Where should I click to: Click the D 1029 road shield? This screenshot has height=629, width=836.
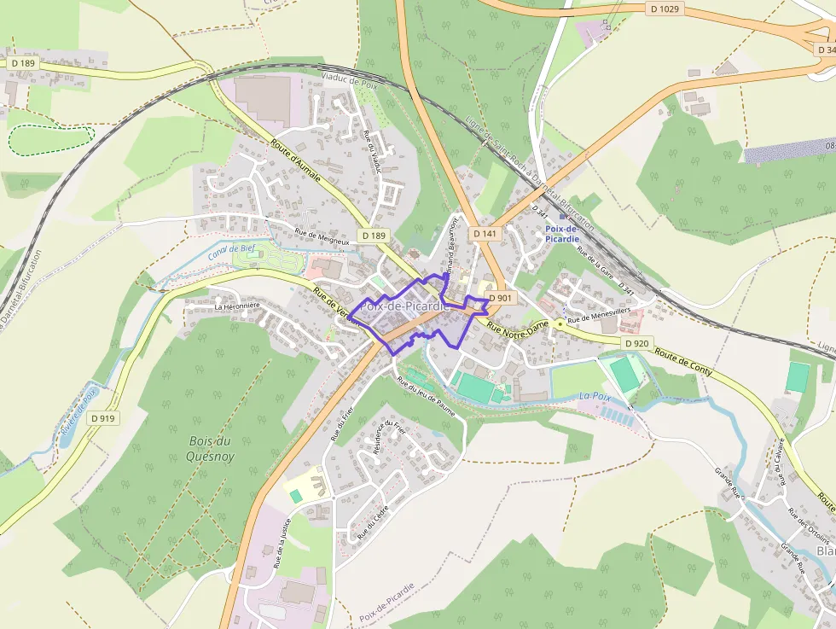pyautogui.click(x=665, y=9)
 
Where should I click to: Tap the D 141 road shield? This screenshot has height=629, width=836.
pyautogui.click(x=484, y=233)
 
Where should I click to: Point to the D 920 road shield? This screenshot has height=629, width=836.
pyautogui.click(x=636, y=343)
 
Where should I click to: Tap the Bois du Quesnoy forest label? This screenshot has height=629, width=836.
pyautogui.click(x=210, y=448)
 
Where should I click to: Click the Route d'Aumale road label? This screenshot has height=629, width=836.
pyautogui.click(x=295, y=161)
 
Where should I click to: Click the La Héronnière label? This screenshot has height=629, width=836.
pyautogui.click(x=236, y=306)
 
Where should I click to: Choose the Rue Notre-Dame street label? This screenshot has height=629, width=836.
pyautogui.click(x=517, y=326)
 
